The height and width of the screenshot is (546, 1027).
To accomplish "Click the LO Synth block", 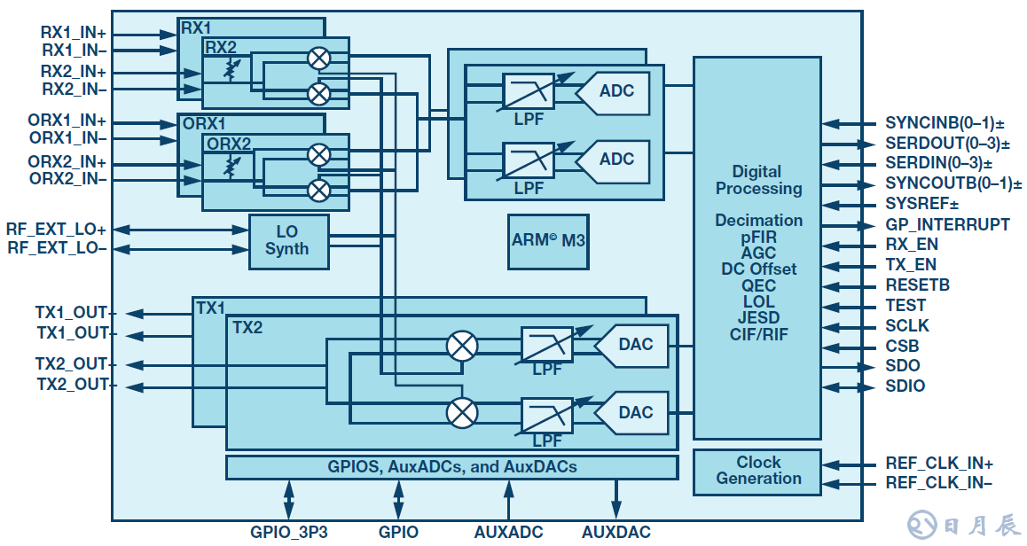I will (287, 241).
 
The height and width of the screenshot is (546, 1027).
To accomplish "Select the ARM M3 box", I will (549, 240).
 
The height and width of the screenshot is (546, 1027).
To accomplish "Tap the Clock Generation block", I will (758, 471).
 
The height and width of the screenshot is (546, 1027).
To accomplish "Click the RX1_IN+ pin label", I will (74, 31).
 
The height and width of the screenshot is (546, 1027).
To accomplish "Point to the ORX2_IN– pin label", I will (67, 179).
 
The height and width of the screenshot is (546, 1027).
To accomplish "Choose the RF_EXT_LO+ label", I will (57, 230).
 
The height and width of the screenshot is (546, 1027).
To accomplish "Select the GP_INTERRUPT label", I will (947, 224).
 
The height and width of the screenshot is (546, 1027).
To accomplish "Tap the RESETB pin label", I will (917, 285).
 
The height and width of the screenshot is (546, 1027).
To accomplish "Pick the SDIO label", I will (905, 386).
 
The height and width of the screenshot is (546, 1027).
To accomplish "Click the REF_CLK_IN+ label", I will (938, 463).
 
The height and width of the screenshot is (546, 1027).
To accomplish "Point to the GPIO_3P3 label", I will (288, 533).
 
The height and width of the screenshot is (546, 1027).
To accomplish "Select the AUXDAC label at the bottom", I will (615, 533).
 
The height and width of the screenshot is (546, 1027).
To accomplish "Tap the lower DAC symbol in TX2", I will (631, 412).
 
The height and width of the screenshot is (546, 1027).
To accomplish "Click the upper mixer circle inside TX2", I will (461, 345).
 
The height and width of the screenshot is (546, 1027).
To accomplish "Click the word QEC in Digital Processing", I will (758, 285).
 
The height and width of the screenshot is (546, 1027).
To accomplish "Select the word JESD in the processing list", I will (758, 318).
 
